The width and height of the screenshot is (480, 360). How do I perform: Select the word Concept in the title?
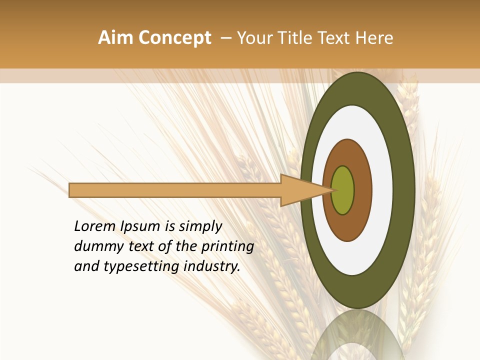174,38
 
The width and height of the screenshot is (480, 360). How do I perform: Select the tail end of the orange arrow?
71,190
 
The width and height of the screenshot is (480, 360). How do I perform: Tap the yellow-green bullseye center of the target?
343,190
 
